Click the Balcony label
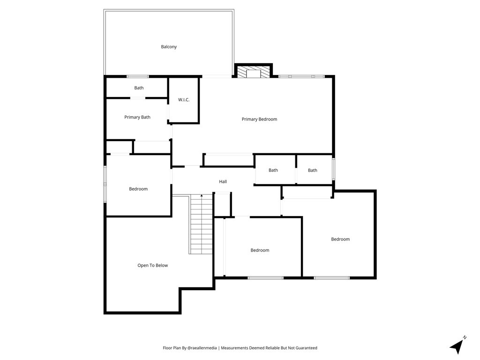coord(169,47)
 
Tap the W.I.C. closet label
coord(184,100)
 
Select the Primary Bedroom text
coord(259,120)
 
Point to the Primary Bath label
coord(137,117)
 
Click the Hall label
coord(223,181)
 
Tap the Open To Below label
coord(152,265)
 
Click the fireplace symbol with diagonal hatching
coord(254,71)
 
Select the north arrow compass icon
coord(457,345)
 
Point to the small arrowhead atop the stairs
coord(202,195)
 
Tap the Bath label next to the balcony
coord(139,88)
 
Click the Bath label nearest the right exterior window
coord(313,171)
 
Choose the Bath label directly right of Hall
coord(273,170)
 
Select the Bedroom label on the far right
coord(340,240)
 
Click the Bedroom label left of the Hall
coord(138,189)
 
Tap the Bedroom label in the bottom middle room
coord(260,250)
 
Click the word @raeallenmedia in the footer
coord(202,348)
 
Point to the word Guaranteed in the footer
coord(307,348)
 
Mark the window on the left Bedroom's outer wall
coord(105,184)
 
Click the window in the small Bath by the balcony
coord(137,76)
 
